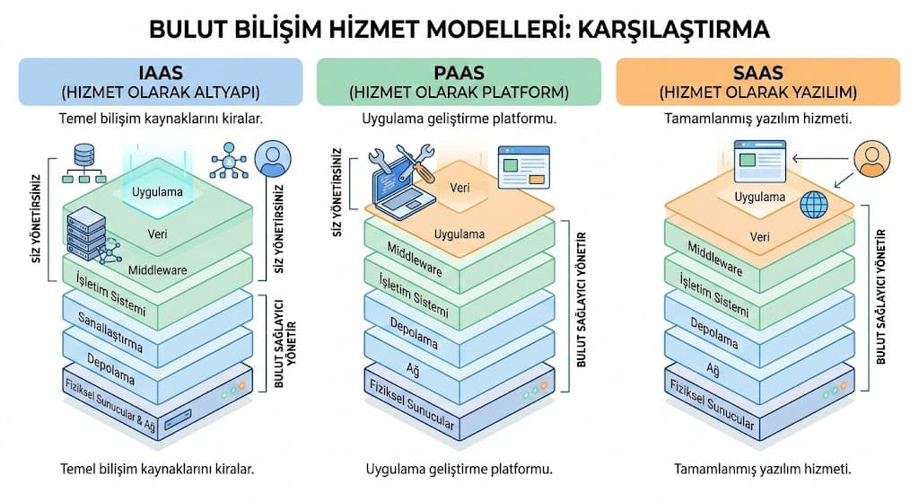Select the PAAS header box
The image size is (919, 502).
pyautogui.click(x=459, y=82)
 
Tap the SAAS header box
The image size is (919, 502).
pyautogui.click(x=757, y=82)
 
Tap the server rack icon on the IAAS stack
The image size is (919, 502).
pyautogui.click(x=87, y=232)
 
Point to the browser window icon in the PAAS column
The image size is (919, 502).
pyautogui.click(x=524, y=166)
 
